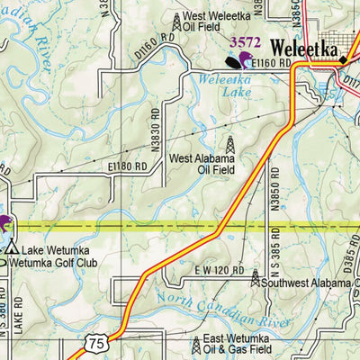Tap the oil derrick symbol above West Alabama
[x=229, y=144]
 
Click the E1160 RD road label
[x=273, y=64]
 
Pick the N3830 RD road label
[x=157, y=138]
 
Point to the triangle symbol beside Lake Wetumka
[x=13, y=248]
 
